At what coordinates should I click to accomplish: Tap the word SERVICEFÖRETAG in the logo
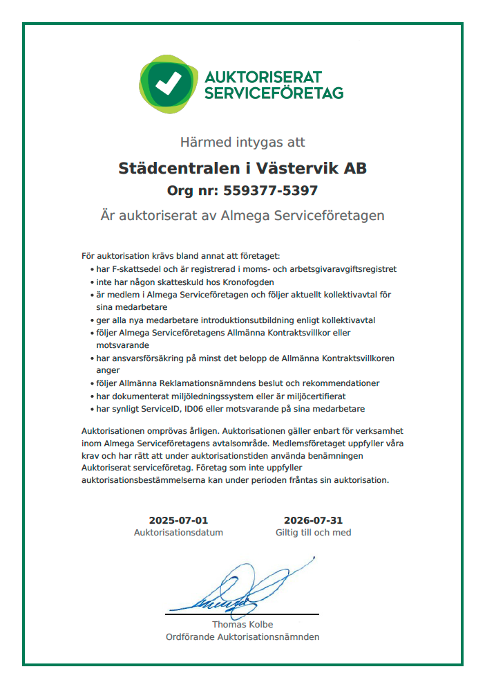pos(274,92)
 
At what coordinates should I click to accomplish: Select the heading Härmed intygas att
pos(242,143)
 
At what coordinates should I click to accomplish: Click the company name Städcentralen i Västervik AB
pos(242,168)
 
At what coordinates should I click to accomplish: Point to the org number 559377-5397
pos(267,191)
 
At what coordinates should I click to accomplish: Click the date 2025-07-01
pos(178,520)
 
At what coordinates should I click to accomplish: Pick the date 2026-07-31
pos(313,520)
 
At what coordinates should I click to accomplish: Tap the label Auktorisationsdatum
pos(178,533)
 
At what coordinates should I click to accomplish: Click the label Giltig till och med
pos(313,533)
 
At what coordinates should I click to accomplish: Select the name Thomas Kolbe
pos(242,625)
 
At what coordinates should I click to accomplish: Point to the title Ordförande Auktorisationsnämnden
pos(242,637)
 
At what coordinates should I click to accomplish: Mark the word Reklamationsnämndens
pos(207,383)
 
